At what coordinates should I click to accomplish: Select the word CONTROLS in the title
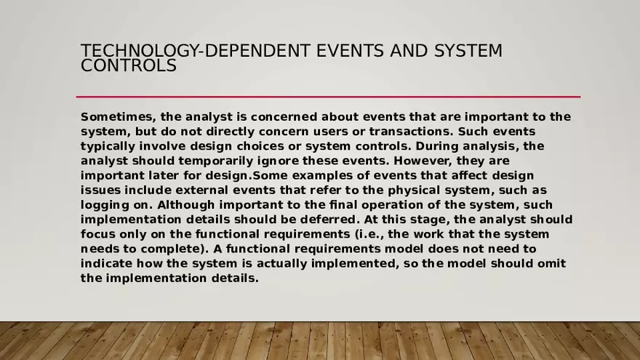click(128, 66)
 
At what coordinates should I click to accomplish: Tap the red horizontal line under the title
click(328, 97)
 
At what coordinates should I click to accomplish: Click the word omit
click(551, 263)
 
